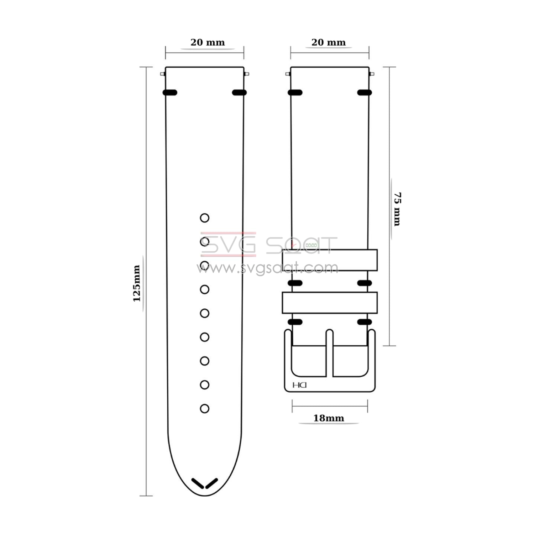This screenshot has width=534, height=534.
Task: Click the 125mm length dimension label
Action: [137, 283]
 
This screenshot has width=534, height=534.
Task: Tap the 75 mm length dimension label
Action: [397, 209]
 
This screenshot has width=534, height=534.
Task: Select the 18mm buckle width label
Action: [329, 418]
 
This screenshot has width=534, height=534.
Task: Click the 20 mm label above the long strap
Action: [208, 42]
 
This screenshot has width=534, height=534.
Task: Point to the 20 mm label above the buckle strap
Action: [329, 42]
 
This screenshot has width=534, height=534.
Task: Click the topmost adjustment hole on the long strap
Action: [204, 218]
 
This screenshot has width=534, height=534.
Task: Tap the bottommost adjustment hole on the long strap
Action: [204, 408]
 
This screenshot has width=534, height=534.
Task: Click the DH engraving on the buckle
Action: [299, 385]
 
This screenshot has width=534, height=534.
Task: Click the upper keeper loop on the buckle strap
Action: [330, 260]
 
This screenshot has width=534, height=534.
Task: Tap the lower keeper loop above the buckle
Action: [330, 303]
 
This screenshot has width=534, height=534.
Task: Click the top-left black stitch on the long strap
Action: [170, 93]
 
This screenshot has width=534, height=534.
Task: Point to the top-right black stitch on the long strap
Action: [239, 93]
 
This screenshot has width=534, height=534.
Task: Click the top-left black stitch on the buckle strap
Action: [295, 93]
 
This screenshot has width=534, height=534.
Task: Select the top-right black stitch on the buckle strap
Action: [365, 93]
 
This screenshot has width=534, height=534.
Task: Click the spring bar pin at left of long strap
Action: [163, 74]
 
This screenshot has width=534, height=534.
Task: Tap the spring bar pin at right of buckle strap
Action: [372, 74]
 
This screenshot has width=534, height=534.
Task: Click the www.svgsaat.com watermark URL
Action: [267, 268]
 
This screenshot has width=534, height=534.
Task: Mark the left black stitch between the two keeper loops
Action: [295, 283]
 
